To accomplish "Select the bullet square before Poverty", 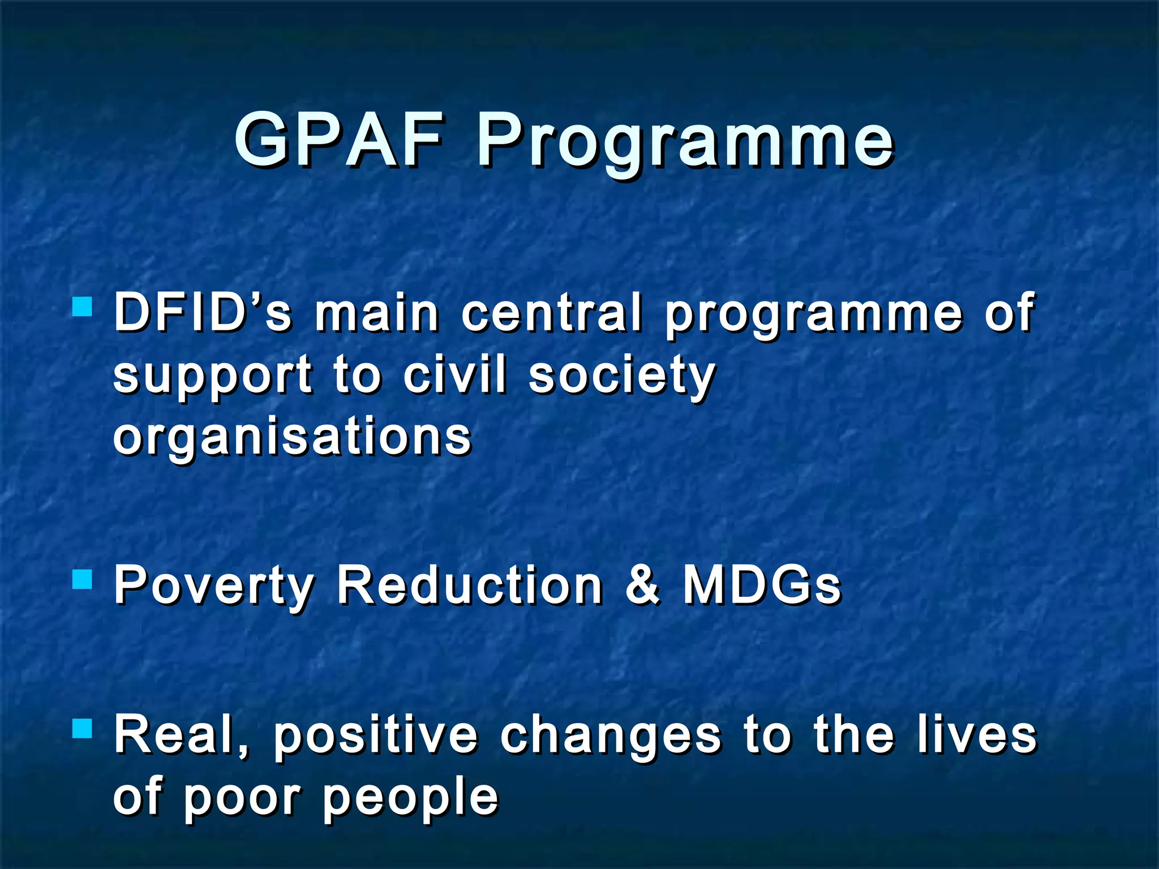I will (83, 579).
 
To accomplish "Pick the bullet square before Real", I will (83, 729).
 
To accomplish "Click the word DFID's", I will (203, 312).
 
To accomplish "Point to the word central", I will (552, 312).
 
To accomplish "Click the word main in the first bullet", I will (377, 312).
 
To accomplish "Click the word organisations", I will (292, 439).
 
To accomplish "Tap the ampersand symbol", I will (643, 585).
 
